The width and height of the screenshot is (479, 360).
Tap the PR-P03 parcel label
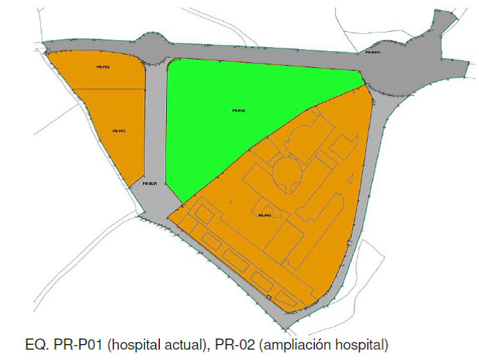tap(117, 130)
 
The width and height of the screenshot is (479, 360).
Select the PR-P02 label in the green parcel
tap(239, 111)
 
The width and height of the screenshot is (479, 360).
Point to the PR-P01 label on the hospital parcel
tap(264, 215)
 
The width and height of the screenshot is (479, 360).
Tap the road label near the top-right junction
tap(374, 53)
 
